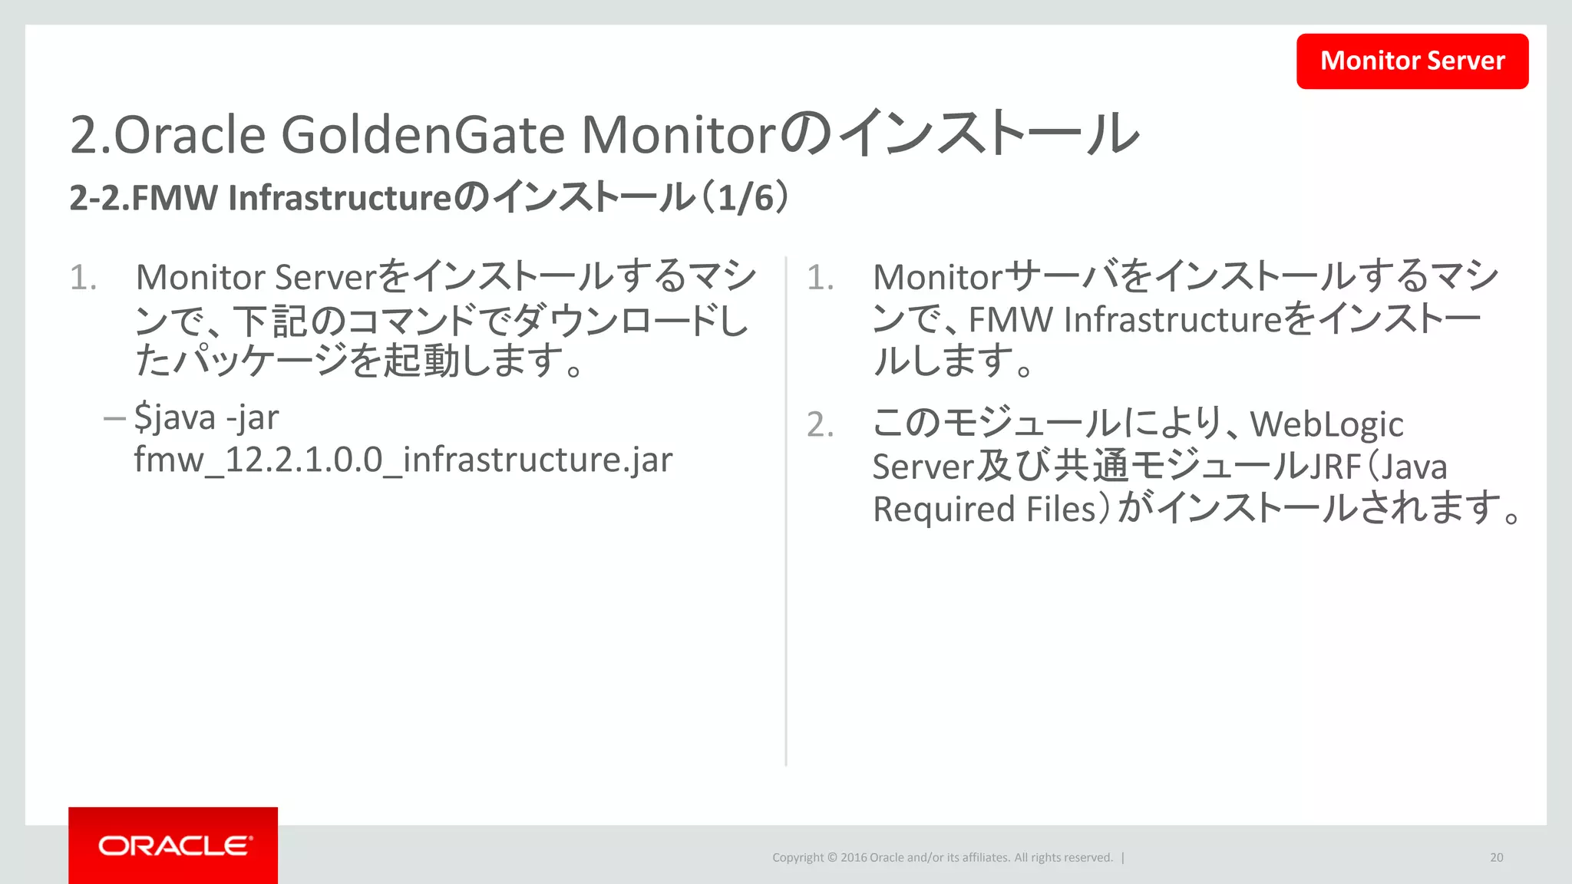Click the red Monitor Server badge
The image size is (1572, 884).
(x=1412, y=61)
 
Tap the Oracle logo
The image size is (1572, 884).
(x=173, y=846)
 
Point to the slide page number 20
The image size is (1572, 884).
(x=1496, y=857)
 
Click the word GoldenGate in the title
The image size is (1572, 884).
(x=423, y=135)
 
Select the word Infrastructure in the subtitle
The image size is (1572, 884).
(x=339, y=198)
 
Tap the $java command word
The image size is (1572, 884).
(x=175, y=418)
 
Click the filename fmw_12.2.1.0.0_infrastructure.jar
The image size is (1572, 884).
(x=403, y=460)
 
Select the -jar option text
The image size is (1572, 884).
(x=253, y=418)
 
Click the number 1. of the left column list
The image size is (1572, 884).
(x=83, y=278)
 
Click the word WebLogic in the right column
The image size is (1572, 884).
(x=1326, y=424)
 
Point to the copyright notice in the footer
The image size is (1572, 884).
(x=942, y=857)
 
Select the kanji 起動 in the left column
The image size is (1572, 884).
(x=421, y=361)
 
